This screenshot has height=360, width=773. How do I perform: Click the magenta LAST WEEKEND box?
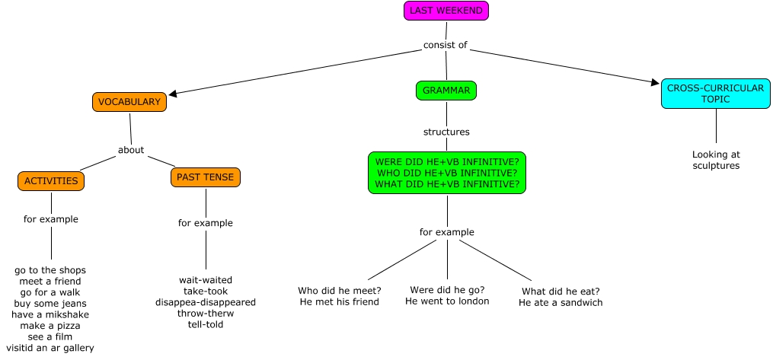coord(446,11)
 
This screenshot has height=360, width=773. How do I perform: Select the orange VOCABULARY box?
coord(129,102)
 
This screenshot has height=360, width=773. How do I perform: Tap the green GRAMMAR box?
coord(446,91)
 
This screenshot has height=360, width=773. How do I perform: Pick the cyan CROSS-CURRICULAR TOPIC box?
coord(715,94)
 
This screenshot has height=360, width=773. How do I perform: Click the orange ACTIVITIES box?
coord(51,181)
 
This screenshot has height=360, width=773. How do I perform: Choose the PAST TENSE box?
coord(206,177)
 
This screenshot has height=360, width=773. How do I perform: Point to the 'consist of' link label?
coord(446,45)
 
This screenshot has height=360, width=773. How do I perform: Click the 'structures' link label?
coord(446,132)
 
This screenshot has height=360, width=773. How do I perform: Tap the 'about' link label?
coord(131,150)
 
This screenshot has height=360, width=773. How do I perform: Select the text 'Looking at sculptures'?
coord(716,160)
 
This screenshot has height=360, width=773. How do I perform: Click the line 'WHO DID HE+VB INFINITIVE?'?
coord(447,172)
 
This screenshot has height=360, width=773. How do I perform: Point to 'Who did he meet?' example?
coord(340,291)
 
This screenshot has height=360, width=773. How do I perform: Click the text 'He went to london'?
coord(447,301)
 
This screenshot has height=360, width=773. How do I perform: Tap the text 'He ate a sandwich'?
coord(561,303)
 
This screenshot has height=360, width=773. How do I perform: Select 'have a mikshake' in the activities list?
coord(51,314)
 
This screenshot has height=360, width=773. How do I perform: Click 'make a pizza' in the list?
coord(51,326)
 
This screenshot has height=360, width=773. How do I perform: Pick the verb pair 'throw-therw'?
coord(206,314)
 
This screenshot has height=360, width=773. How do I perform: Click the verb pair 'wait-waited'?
coord(206,279)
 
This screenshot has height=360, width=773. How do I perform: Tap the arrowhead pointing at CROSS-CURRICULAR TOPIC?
coord(656,82)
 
